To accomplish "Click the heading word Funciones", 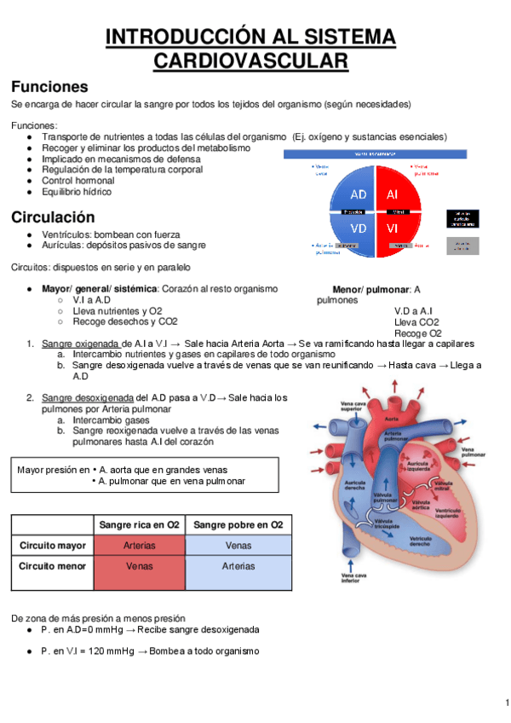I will click(49, 86).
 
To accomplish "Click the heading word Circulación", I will click(53, 217).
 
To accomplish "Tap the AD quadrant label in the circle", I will click(359, 194).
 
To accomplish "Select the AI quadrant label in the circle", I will click(393, 194).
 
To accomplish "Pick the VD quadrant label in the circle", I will click(359, 228).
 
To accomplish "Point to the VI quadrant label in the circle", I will click(393, 228).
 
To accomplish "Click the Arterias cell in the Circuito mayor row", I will click(139, 545).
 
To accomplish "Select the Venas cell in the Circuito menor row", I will click(139, 565).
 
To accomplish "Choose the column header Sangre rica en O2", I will click(139, 524).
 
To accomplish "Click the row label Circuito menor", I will click(52, 565).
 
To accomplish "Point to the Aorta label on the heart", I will click(392, 419).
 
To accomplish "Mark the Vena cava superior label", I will click(332, 405).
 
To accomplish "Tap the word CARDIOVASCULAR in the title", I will click(251, 61).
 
